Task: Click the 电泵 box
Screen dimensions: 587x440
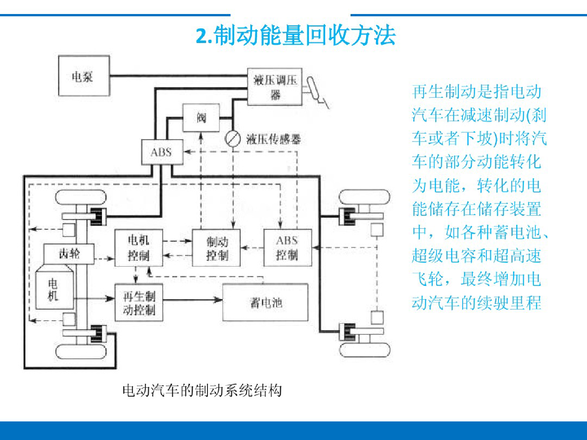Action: click(84, 76)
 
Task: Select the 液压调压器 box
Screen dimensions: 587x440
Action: click(275, 87)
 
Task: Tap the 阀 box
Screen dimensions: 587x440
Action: click(201, 118)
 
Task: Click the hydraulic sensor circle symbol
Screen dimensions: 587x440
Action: click(233, 139)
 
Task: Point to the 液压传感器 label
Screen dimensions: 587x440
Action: click(273, 139)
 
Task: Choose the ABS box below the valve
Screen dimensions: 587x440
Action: click(162, 152)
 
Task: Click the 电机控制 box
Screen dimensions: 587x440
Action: click(139, 248)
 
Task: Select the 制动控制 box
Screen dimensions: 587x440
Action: click(216, 248)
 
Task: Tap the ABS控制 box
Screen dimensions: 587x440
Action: click(287, 248)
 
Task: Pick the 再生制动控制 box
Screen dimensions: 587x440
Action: click(139, 302)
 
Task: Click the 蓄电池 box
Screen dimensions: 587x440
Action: click(265, 302)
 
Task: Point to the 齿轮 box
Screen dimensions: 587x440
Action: click(69, 254)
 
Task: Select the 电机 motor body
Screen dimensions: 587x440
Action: click(54, 287)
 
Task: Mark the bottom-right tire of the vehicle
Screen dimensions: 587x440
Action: click(365, 350)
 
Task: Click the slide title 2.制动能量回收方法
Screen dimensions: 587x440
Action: click(295, 35)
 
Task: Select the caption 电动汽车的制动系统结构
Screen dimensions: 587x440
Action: click(202, 390)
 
